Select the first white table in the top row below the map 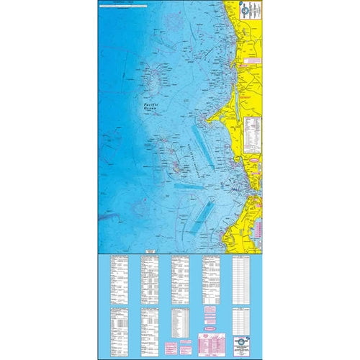(x=117, y=276)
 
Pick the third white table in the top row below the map (x=179, y=276)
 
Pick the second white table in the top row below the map (x=150, y=276)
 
